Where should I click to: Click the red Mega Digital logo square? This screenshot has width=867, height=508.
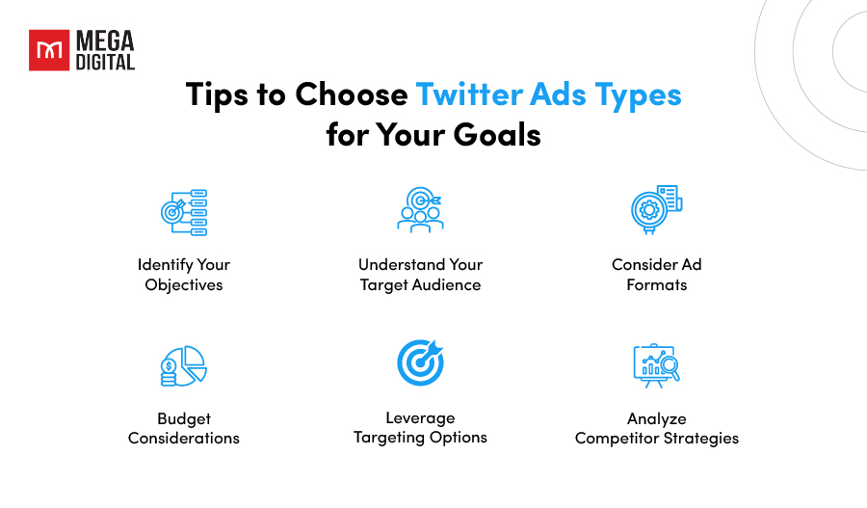coord(49,50)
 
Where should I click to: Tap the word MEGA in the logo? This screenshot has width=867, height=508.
coord(105,40)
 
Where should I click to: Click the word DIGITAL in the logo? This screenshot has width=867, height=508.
coord(105,63)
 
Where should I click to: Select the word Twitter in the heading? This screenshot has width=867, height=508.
coord(469,94)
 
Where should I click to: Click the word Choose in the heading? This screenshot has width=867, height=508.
coord(351,94)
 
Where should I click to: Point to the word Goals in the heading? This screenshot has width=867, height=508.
coord(497,135)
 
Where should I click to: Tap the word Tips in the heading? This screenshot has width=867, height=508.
coord(217,94)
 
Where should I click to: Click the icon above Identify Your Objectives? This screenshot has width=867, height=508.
coord(184,212)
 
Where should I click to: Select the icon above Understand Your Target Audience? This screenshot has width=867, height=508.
coord(420,210)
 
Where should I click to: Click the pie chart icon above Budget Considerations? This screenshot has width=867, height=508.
coord(184,365)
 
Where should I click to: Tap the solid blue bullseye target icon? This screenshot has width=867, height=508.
coord(421,362)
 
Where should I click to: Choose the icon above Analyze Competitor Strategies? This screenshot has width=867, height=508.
coord(656,365)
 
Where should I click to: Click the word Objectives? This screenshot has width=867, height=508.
coord(184,285)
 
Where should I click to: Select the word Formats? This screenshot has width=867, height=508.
coord(657,285)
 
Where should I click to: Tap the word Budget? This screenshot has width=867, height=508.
coord(184,419)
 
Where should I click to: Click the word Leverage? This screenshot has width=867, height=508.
coord(420,418)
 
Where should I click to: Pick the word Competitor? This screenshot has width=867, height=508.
coord(617,439)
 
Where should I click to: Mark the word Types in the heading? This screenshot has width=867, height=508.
coord(638,94)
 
